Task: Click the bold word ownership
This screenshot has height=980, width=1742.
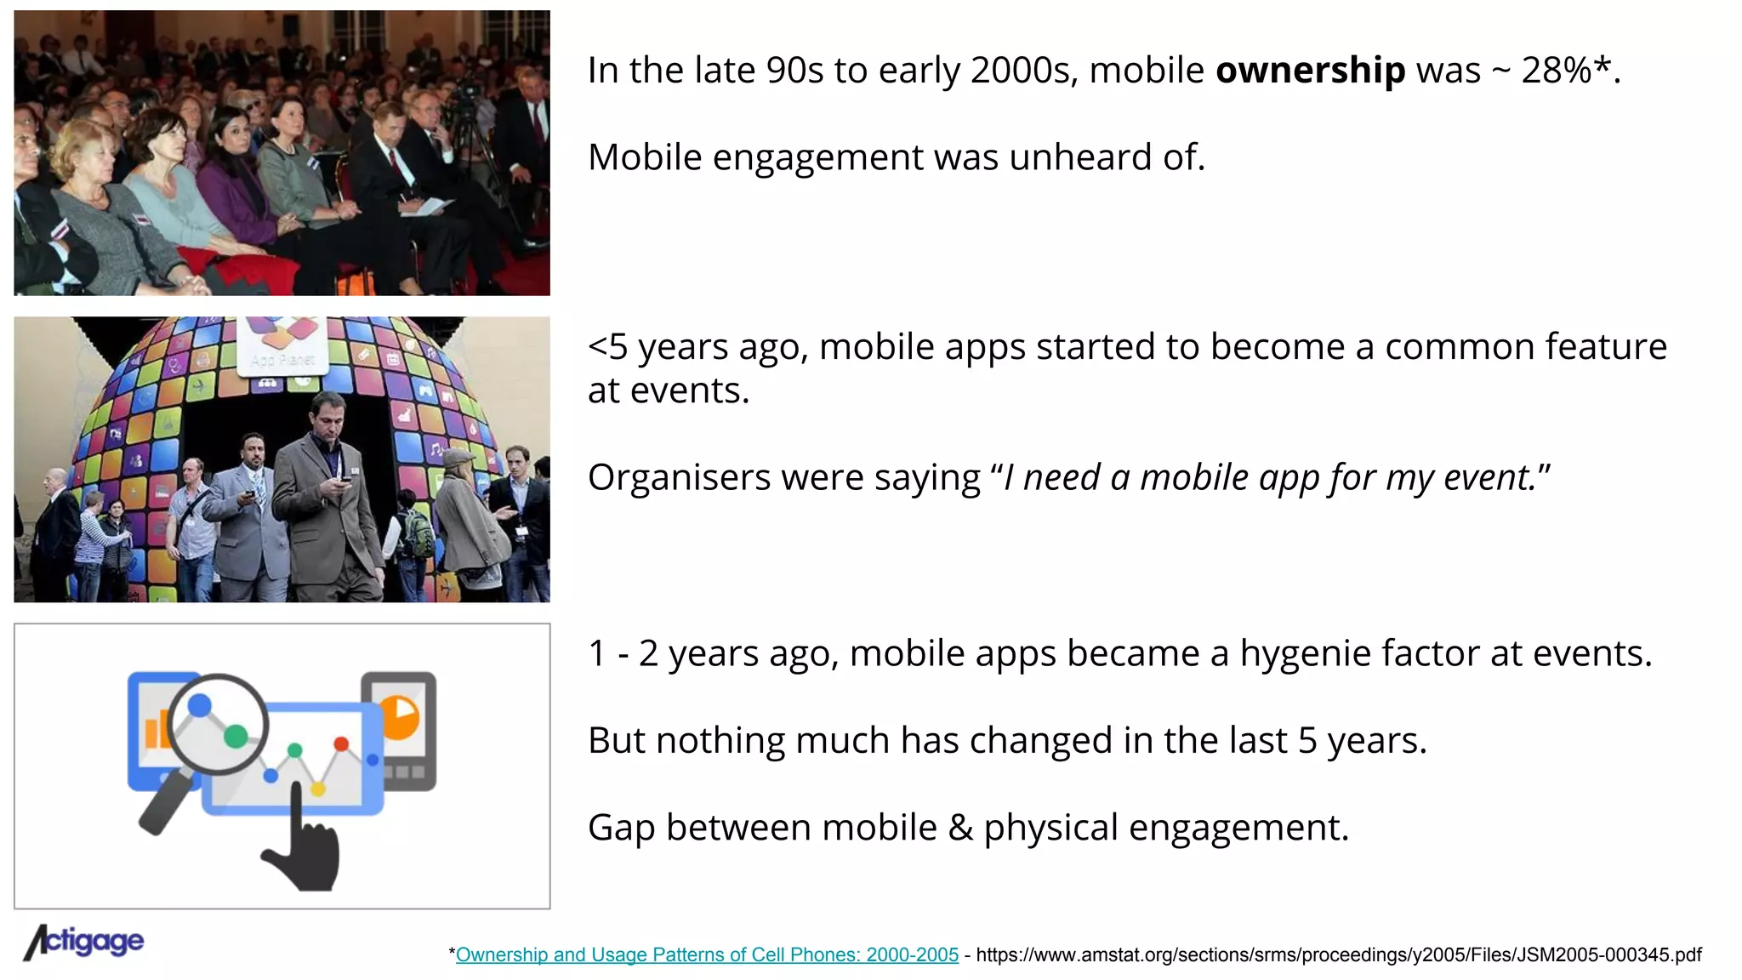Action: click(1310, 71)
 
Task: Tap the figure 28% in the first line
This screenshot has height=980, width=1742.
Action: click(1556, 71)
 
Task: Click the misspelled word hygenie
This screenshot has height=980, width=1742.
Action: click(1306, 654)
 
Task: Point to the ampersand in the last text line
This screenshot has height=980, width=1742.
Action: click(960, 828)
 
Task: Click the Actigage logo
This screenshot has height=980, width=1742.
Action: click(84, 942)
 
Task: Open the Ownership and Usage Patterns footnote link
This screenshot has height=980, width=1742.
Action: click(707, 954)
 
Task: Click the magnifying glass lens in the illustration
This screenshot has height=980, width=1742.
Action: click(218, 724)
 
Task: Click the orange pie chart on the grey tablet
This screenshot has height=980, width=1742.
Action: click(400, 717)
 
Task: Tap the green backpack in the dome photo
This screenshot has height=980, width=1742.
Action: click(418, 532)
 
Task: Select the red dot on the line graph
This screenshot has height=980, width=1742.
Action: click(341, 744)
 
